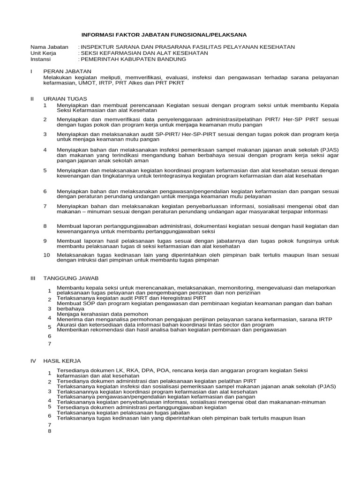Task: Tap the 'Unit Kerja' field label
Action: (x=43, y=53)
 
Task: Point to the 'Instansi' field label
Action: (x=41, y=59)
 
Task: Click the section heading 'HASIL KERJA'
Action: (x=62, y=361)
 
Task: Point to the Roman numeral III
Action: (x=33, y=278)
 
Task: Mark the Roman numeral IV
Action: (x=33, y=361)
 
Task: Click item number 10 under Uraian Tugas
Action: (x=46, y=255)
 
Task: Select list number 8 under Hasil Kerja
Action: (x=49, y=431)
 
